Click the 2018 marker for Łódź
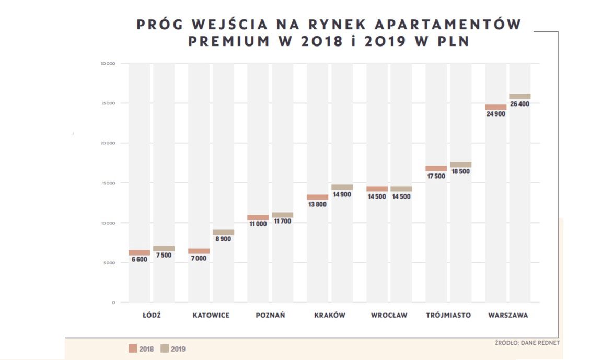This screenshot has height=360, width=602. tap(140, 252)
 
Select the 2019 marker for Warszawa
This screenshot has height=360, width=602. tap(520, 96)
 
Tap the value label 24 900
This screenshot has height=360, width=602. tap(496, 113)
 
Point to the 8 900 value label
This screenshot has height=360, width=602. tap(223, 239)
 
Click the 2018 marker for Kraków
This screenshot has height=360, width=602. tap(318, 197)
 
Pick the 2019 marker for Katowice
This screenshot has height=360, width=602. tap(223, 232)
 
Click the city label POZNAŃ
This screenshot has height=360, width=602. tap(270, 315)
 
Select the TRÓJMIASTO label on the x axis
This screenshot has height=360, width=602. tap(448, 315)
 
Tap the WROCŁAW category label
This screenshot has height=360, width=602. tap(389, 315)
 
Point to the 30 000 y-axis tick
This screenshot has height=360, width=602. tap(108, 64)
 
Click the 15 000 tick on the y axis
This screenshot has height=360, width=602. tap(108, 183)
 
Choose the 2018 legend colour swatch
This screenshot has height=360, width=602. tap(133, 349)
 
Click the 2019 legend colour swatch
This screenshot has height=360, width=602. tap(164, 349)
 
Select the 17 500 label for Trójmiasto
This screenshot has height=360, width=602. tap(436, 176)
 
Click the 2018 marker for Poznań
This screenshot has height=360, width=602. tap(258, 217)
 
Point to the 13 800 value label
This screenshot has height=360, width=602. tap(318, 204)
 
